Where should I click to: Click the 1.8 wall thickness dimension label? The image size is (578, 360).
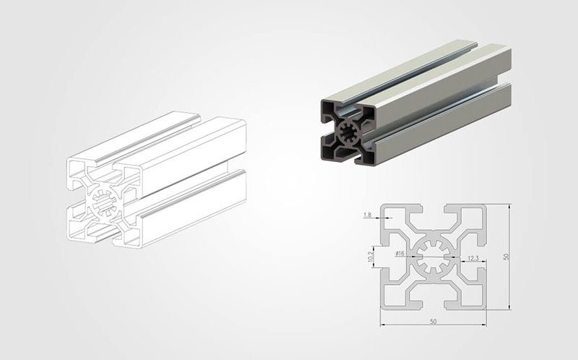(367, 215)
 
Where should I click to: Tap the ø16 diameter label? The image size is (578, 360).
(400, 253)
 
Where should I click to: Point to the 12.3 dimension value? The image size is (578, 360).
(473, 258)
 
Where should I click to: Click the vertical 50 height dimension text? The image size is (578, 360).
(506, 256)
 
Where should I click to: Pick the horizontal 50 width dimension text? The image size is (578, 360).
(433, 321)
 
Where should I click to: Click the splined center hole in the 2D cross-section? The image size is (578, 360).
(433, 257)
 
